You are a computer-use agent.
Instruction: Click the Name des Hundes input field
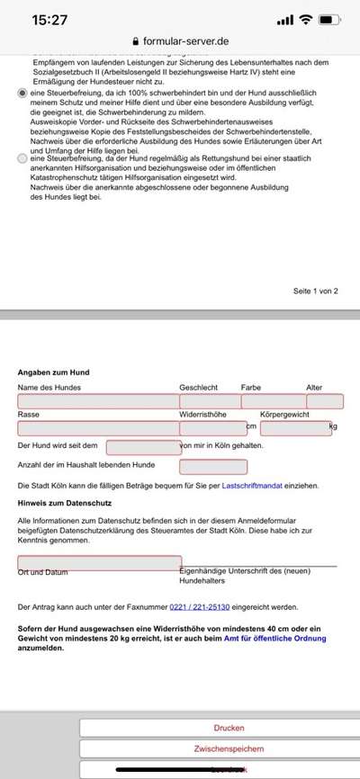(97, 401)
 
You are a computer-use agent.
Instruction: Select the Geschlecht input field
(209, 401)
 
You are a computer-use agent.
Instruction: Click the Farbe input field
(273, 401)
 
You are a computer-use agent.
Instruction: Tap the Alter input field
(325, 401)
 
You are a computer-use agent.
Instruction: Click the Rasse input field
(97, 428)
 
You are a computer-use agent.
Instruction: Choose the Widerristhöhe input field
(211, 428)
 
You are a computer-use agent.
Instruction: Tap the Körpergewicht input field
(295, 428)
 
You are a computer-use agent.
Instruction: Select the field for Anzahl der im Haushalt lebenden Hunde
(212, 466)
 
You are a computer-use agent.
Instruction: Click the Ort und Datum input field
(99, 562)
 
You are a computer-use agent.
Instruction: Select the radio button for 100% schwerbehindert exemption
(22, 93)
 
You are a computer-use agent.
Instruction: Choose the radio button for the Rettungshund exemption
(22, 158)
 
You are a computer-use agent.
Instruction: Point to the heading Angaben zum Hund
(53, 372)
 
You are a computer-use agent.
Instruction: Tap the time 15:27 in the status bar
(43, 18)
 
